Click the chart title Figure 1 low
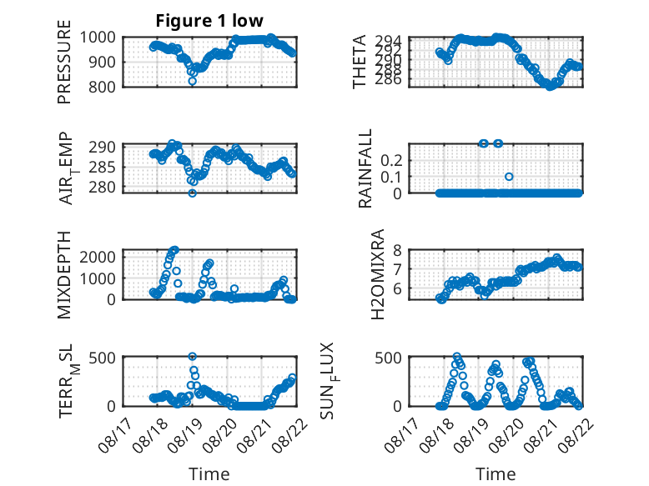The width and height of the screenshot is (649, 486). (x=209, y=20)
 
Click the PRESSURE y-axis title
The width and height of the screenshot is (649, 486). (x=64, y=62)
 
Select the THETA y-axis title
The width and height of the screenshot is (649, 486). (x=360, y=62)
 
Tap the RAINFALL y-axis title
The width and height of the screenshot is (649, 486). (x=365, y=168)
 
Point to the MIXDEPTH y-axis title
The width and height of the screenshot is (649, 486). (x=64, y=275)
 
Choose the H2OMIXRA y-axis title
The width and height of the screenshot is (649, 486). (x=378, y=274)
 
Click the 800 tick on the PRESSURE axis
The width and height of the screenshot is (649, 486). (x=102, y=87)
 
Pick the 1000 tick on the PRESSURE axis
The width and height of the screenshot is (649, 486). (x=98, y=38)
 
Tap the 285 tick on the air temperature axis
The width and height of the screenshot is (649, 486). (x=102, y=168)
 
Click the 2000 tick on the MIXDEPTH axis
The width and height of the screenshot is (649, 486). (x=98, y=257)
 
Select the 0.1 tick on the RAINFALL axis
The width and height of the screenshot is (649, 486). (x=391, y=177)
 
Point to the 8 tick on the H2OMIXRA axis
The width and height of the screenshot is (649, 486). (x=398, y=250)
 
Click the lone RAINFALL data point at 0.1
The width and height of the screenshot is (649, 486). (x=509, y=177)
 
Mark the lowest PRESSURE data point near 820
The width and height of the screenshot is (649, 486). (x=192, y=81)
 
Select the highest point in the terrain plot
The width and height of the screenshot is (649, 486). (x=192, y=356)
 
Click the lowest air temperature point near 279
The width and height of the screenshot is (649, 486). (x=192, y=193)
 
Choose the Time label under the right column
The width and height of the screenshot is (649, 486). (x=496, y=474)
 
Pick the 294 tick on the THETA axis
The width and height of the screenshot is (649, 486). (x=389, y=41)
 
